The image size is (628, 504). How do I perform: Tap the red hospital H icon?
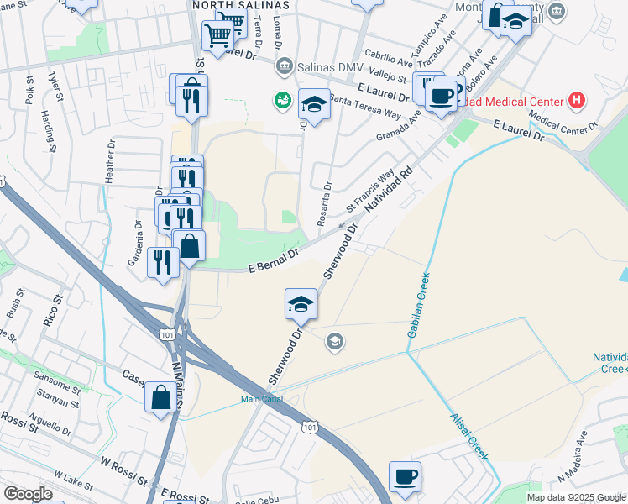click(576, 102)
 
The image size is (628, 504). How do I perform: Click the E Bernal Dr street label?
click(275, 260)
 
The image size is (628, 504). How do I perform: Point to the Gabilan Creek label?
click(417, 306)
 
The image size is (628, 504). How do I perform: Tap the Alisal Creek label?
click(468, 438)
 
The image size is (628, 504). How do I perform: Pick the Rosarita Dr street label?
click(324, 206)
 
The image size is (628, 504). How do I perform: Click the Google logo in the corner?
click(28, 494)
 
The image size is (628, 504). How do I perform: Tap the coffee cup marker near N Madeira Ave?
click(406, 476)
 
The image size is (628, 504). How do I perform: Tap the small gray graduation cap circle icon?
click(334, 340)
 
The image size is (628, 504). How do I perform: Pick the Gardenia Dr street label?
click(139, 241)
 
